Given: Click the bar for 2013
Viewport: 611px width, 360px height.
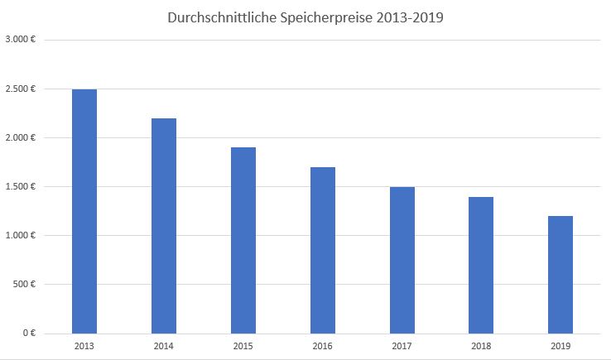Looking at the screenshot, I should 84,211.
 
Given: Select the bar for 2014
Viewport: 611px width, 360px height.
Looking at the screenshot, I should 164,226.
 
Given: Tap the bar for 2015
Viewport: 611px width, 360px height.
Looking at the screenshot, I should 243,240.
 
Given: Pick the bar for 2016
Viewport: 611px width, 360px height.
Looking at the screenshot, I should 323,250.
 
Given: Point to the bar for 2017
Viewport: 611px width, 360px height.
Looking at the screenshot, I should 402,260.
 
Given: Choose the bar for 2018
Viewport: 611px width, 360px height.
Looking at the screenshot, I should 481,265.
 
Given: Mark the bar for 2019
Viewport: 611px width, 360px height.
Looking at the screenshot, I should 560,275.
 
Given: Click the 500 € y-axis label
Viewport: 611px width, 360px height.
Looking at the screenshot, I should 26,284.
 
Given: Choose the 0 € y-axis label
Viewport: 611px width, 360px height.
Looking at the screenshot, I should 29,333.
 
